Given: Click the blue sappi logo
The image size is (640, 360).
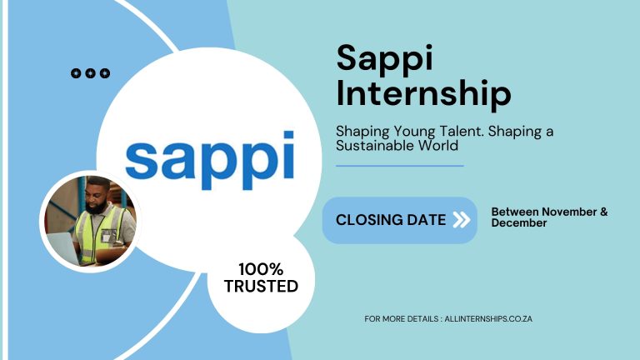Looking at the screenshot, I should coord(209,162).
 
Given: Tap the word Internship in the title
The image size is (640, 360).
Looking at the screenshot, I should coord(423,93).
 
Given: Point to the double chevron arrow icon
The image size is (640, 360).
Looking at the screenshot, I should coord(461,220).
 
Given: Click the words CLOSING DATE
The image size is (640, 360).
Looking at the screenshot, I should coord(391,220).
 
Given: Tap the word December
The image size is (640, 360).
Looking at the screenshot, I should coord(519,223).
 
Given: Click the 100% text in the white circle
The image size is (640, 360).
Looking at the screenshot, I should coord(261,269).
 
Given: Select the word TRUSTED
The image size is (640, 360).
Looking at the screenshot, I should coord(261,286).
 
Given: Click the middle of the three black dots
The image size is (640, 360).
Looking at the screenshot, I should coord(91,73).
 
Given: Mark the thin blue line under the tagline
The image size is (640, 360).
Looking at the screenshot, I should coord(399,166).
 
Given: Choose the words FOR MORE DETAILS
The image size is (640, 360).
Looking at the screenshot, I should coord(395,318).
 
